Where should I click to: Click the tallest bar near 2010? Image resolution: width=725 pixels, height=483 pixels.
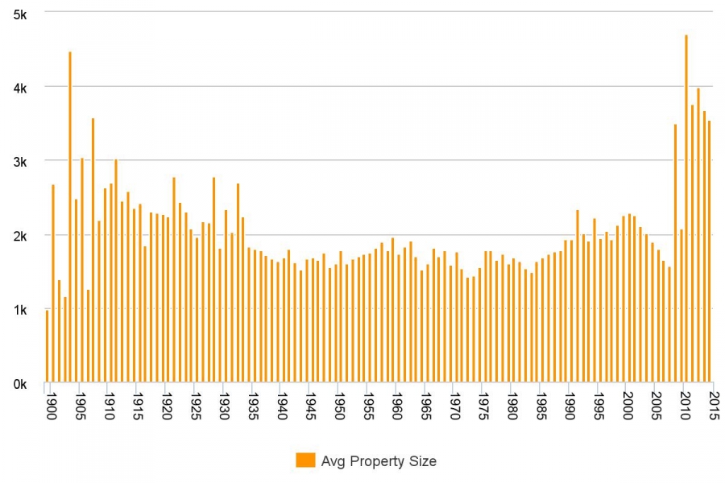tap(686, 208)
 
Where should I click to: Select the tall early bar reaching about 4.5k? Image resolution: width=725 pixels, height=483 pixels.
tap(70, 217)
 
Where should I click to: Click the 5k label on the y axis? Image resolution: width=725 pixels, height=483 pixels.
tap(20, 15)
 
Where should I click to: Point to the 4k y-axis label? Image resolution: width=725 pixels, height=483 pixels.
tap(20, 89)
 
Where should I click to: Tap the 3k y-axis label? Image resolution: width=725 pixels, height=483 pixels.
tap(20, 163)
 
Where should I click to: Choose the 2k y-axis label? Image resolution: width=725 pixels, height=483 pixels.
tap(20, 236)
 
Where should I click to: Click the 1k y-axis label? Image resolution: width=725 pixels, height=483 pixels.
tap(20, 310)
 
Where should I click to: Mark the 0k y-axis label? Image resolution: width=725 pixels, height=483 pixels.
tap(20, 384)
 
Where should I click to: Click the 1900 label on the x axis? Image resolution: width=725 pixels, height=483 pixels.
tap(52, 407)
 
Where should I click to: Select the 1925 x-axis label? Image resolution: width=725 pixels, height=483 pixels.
tap(196, 407)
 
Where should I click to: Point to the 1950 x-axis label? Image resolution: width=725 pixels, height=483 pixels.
tap(340, 407)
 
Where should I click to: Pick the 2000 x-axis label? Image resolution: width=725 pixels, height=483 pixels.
tap(628, 407)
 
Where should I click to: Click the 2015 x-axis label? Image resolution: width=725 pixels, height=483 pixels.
tap(714, 407)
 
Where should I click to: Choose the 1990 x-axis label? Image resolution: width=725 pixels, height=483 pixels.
tap(570, 407)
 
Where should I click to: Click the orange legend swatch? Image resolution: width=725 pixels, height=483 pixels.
tap(305, 460)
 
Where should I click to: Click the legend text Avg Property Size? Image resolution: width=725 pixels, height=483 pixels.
tap(379, 460)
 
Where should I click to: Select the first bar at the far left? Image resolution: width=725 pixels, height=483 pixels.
tap(48, 346)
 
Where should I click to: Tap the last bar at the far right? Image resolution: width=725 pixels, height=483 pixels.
tap(709, 251)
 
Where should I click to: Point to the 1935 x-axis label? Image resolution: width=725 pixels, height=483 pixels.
tap(254, 407)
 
